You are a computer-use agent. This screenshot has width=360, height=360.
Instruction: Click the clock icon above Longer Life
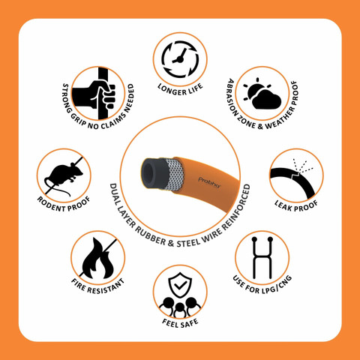click(180, 59)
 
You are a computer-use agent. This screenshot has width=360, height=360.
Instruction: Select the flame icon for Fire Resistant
click(98, 259)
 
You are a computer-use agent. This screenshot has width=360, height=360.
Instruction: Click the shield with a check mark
click(180, 285)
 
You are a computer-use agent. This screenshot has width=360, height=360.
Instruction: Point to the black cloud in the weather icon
click(266, 100)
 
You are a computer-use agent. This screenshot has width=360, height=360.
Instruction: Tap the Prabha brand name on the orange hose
click(209, 182)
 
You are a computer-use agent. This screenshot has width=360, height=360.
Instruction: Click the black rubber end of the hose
click(153, 173)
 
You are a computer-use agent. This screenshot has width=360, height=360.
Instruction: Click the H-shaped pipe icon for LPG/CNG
click(262, 258)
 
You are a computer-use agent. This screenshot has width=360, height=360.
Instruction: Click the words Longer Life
click(180, 90)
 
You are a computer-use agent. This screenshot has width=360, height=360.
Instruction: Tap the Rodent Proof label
click(64, 205)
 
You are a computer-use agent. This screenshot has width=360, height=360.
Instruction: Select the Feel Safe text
click(180, 323)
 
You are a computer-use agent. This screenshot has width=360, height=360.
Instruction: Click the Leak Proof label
click(296, 206)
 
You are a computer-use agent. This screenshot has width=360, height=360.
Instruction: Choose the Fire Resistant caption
click(98, 286)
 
